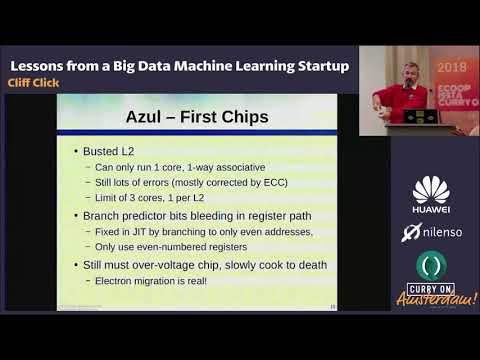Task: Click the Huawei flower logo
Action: (431, 189)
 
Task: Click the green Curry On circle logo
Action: (431, 266)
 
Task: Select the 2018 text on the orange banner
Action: (451, 68)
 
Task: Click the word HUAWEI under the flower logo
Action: (431, 209)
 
